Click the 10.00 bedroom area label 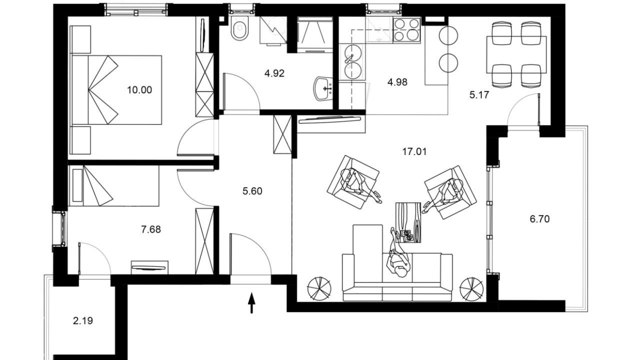coord(139,90)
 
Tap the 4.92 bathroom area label coord(274,73)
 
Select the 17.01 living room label coord(414,151)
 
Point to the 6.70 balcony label coord(539,219)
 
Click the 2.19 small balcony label coord(83,321)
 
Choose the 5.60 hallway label coord(252,191)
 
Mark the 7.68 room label coord(151,229)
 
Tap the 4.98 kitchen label coord(397,82)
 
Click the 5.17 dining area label coord(479,95)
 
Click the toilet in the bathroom coord(239,28)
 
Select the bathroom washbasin coord(323,88)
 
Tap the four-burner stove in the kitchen coord(406,29)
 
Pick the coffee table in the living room coord(408,222)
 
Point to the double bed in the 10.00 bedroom coord(116,89)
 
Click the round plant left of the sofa coord(319,288)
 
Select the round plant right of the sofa coord(471,289)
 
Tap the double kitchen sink coord(352,61)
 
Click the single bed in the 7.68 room coord(114,185)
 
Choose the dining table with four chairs coord(516,54)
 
